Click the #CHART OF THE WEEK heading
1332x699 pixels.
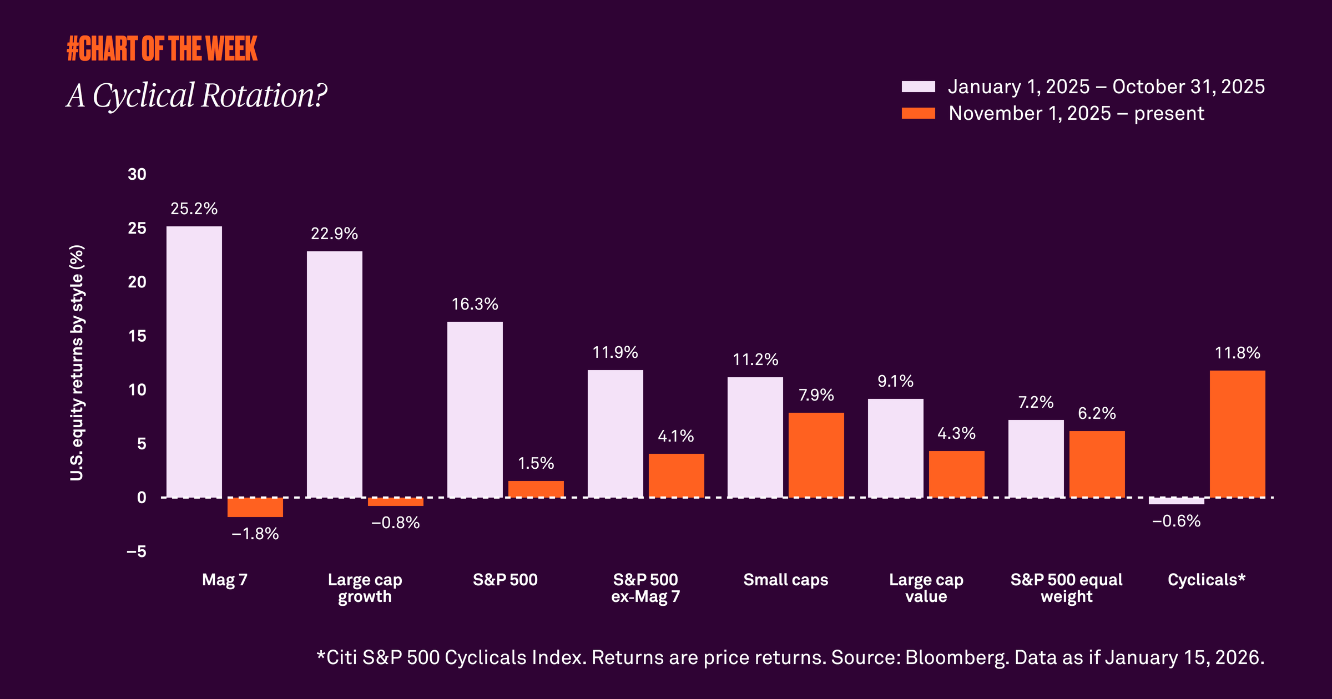click(x=162, y=49)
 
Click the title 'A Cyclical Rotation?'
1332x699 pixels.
click(x=197, y=95)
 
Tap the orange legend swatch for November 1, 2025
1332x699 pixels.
click(x=918, y=113)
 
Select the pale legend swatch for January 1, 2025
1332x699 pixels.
click(x=918, y=87)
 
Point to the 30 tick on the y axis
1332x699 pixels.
click(x=137, y=174)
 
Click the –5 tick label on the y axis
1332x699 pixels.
click(x=137, y=551)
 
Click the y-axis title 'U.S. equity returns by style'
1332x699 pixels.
click(x=77, y=363)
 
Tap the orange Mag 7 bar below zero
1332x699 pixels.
click(x=255, y=508)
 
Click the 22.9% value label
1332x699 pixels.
click(x=334, y=234)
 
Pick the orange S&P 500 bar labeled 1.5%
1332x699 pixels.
click(x=536, y=489)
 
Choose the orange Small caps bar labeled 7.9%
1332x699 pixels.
click(x=816, y=455)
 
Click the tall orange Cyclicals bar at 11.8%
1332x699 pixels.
click(x=1237, y=434)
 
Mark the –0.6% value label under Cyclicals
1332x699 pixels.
click(x=1176, y=521)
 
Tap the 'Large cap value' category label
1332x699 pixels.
click(x=926, y=588)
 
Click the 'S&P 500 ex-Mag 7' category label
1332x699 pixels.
click(x=645, y=588)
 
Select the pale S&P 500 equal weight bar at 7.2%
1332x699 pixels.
click(x=1036, y=458)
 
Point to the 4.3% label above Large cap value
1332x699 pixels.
click(x=956, y=433)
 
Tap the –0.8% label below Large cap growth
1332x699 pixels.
click(x=395, y=523)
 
